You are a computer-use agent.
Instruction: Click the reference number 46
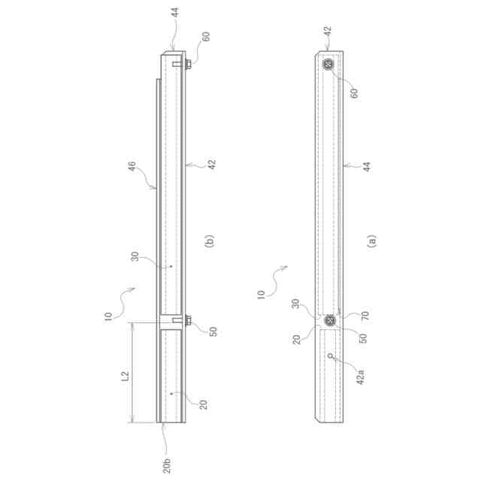(x=132, y=167)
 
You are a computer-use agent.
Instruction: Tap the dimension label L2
(x=126, y=376)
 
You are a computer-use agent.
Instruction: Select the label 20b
(x=167, y=466)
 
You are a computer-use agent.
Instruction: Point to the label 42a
(x=360, y=377)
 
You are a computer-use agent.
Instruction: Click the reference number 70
(x=365, y=316)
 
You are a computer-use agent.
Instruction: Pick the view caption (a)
(x=372, y=241)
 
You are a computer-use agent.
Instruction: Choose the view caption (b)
(x=209, y=241)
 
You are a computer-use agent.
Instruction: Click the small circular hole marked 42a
(x=331, y=355)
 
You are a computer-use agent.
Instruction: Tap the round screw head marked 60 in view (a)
(x=328, y=64)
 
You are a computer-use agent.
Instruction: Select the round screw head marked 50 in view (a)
(x=330, y=321)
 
